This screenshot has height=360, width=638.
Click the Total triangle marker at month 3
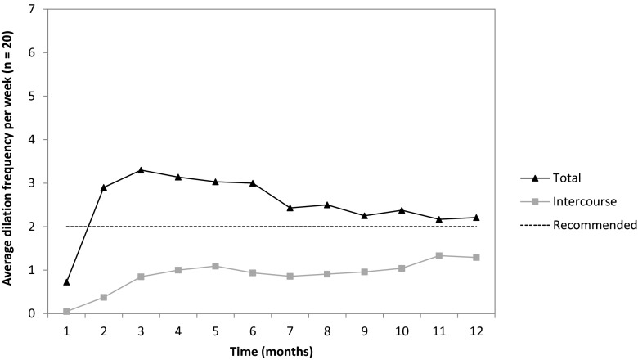[141, 170]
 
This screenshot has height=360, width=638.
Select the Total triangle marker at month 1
[66, 281]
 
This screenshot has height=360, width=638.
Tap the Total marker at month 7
[290, 208]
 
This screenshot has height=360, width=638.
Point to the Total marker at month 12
[477, 218]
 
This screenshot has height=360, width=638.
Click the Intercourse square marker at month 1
[66, 312]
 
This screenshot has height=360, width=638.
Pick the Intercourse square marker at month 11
[439, 255]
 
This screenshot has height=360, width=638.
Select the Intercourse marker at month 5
[215, 266]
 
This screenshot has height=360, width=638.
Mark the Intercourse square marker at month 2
[103, 297]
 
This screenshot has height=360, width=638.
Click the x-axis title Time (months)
[271, 350]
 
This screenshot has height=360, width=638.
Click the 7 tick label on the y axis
[31, 10]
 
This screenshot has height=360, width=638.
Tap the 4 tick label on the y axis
[31, 140]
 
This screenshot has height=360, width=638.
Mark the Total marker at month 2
[103, 187]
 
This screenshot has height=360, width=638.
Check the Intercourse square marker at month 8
[327, 274]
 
